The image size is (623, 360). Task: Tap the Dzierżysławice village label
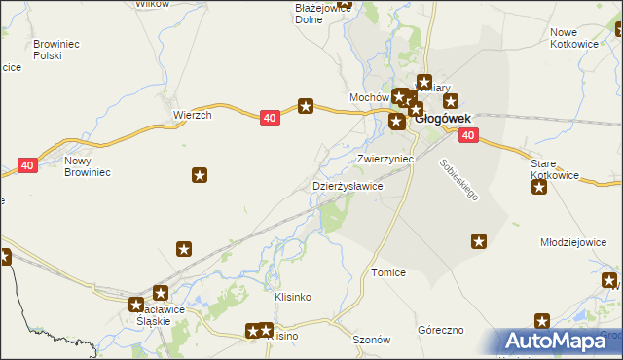pyautogui.click(x=347, y=185)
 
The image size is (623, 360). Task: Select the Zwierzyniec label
pyautogui.click(x=386, y=158)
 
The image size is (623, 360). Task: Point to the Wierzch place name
pyautogui.click(x=193, y=114)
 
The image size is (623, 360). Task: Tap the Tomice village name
pyautogui.click(x=388, y=273)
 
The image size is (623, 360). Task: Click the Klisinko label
pyautogui.click(x=292, y=296)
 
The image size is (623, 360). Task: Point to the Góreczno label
pyautogui.click(x=441, y=330)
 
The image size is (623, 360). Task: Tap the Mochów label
pyautogui.click(x=369, y=98)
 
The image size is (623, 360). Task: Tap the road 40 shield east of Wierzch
pyautogui.click(x=271, y=117)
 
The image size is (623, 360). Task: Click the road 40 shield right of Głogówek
pyautogui.click(x=468, y=135)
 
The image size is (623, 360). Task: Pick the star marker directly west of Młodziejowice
pyautogui.click(x=479, y=240)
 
